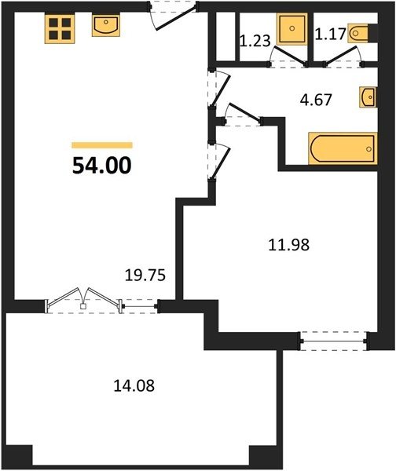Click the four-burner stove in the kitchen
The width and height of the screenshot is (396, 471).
click(x=60, y=28)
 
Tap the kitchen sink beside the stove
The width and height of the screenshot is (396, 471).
click(x=106, y=25)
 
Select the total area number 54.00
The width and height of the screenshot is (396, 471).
click(x=102, y=166)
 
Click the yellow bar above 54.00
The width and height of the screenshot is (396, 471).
click(x=102, y=145)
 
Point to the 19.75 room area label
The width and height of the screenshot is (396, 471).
click(x=145, y=275)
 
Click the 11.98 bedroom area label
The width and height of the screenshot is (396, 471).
click(x=288, y=244)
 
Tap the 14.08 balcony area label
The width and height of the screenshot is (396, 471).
click(x=134, y=385)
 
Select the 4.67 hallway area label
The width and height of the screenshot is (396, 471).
click(x=316, y=100)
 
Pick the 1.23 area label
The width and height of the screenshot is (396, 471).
click(x=255, y=41)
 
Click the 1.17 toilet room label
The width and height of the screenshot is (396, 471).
click(x=331, y=34)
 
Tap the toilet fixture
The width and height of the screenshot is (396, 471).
click(x=358, y=33)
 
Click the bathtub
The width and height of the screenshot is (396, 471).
click(x=343, y=148)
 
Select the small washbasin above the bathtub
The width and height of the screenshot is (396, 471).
click(x=368, y=97)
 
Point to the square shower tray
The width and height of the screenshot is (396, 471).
click(x=291, y=29)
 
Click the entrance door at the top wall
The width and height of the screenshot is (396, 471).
click(x=173, y=16)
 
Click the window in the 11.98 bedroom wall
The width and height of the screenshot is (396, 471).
click(x=335, y=341)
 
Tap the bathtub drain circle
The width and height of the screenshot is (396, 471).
click(x=369, y=148)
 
